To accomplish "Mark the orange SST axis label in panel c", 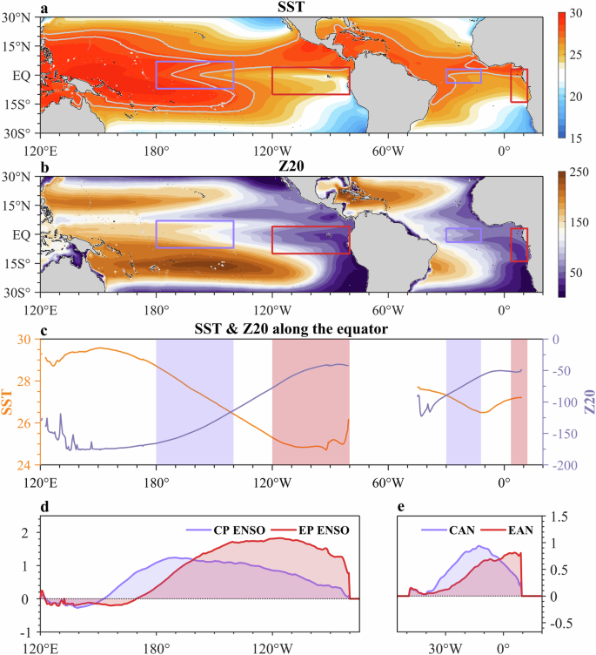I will click(x=7, y=402).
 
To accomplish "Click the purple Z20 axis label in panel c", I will click(x=588, y=402).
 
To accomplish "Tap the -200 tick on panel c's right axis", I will click(x=555, y=466).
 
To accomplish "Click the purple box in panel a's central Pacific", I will click(x=195, y=75).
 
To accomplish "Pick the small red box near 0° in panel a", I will click(x=519, y=85).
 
